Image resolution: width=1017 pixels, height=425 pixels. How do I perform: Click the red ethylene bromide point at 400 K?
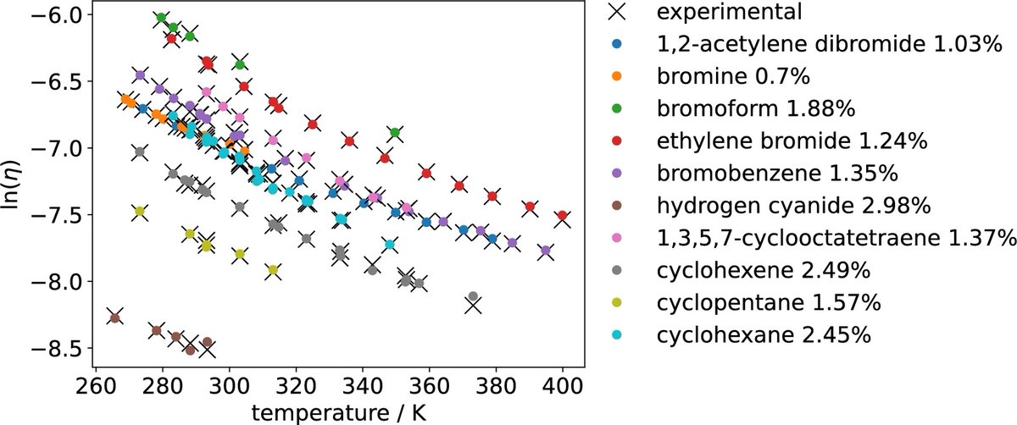pyautogui.click(x=562, y=216)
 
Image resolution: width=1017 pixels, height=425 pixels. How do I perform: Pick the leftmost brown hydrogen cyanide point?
pyautogui.click(x=114, y=317)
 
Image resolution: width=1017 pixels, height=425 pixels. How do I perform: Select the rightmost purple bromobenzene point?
pyautogui.click(x=545, y=251)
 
